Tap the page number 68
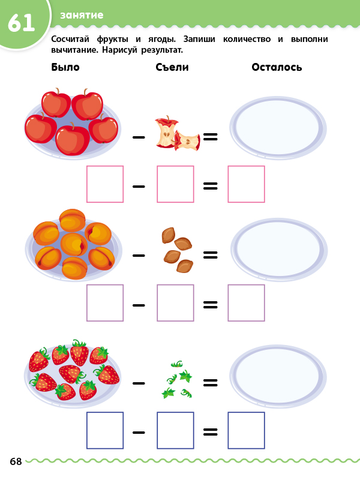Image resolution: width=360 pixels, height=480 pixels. tap(16, 461)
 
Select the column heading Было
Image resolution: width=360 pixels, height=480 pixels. tap(65, 67)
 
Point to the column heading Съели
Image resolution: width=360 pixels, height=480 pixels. tap(172, 67)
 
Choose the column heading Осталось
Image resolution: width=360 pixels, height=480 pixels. tap(277, 67)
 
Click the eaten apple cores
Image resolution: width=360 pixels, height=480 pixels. tap(176, 134)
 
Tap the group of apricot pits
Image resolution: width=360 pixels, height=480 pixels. tap(176, 250)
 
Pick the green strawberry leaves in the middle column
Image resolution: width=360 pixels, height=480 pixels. tap(177, 380)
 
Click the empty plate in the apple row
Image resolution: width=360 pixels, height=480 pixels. tap(277, 127)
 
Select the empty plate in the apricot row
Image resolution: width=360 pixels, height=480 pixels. tap(278, 248)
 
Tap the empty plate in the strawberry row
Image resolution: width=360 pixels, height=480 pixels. tap(277, 376)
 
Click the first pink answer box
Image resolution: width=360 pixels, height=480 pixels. tap(105, 184)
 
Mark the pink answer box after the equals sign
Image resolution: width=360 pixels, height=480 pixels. tap(246, 184)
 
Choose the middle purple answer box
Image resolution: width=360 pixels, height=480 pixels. tap(175, 303)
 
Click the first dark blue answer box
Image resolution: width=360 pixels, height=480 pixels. tap(105, 430)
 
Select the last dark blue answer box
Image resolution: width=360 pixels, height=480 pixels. tap(246, 430)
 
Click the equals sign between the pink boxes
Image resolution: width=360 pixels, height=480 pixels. tap(210, 185)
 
